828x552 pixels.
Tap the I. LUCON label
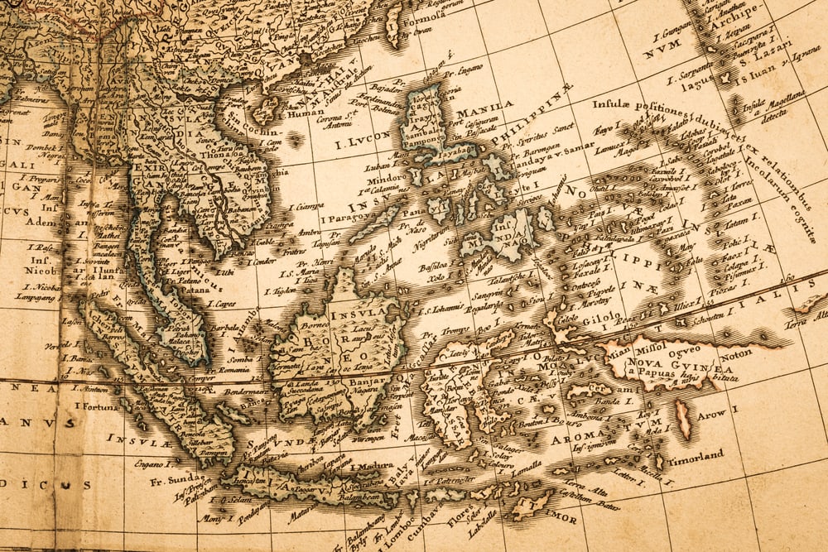click(x=361, y=142)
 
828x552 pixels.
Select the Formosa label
click(x=426, y=15)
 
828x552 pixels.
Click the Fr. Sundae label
click(x=174, y=478)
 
